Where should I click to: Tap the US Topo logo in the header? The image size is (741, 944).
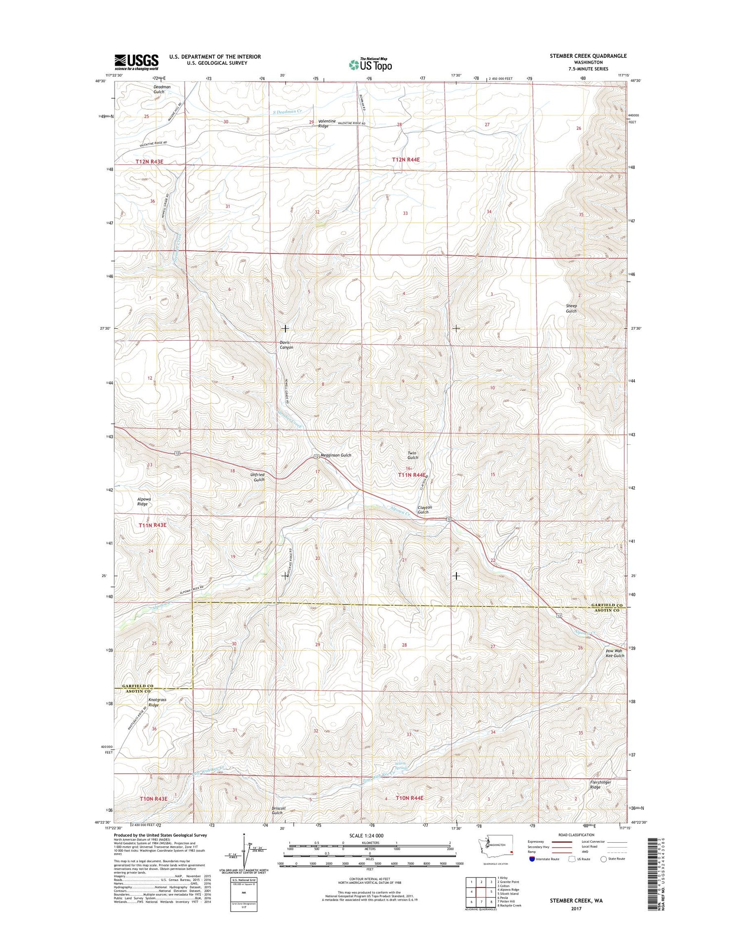click(x=370, y=65)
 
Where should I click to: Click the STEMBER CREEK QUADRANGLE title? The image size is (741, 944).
click(x=588, y=56)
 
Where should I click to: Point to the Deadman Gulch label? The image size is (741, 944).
click(x=162, y=89)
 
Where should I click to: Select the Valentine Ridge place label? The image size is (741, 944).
click(x=327, y=123)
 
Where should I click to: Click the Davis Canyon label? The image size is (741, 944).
click(x=287, y=345)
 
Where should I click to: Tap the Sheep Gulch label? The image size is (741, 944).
click(x=571, y=308)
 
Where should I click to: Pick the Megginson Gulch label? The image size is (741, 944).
click(x=336, y=455)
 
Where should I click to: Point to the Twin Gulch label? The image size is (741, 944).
click(x=412, y=455)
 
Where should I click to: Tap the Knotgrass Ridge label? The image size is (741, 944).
click(x=157, y=702)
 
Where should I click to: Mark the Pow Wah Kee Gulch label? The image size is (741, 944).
click(x=615, y=653)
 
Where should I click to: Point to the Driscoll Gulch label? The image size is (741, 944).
click(x=277, y=810)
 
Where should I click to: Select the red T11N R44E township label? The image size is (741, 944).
click(x=412, y=475)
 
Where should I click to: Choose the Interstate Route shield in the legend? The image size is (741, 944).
click(x=532, y=859)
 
